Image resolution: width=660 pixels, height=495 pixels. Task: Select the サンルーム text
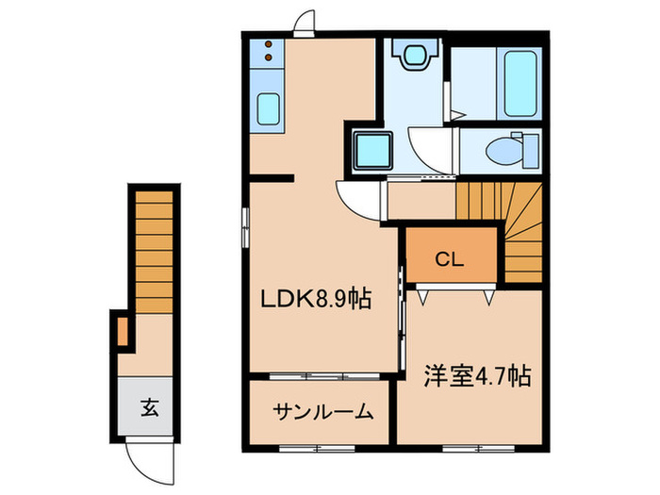pos(321,412)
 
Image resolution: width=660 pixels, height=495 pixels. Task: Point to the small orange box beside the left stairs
pos(122,331)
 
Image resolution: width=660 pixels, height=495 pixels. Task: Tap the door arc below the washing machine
pos(357,201)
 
